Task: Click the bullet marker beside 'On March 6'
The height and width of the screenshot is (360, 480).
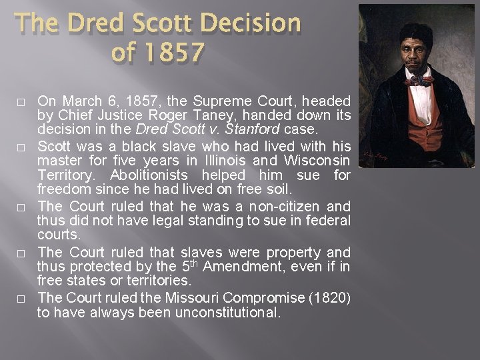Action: (21, 103)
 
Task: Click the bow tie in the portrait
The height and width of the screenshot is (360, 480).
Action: (421, 80)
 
